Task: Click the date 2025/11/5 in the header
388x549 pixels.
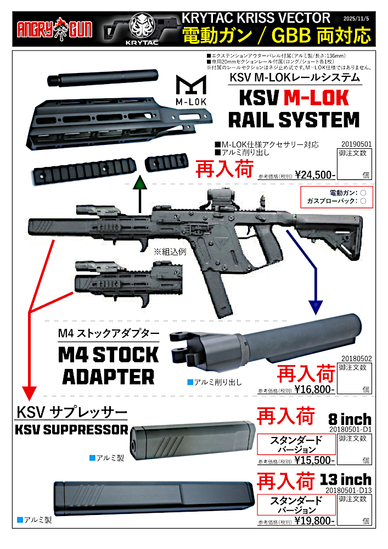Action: (x=357, y=16)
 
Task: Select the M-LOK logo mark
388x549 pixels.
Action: (x=190, y=89)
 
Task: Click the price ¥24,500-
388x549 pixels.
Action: (x=315, y=176)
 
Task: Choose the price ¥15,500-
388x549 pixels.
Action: (x=314, y=461)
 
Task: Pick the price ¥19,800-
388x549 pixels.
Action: (x=314, y=520)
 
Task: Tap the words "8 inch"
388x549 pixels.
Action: (x=350, y=420)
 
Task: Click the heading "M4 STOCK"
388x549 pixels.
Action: (x=108, y=355)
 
